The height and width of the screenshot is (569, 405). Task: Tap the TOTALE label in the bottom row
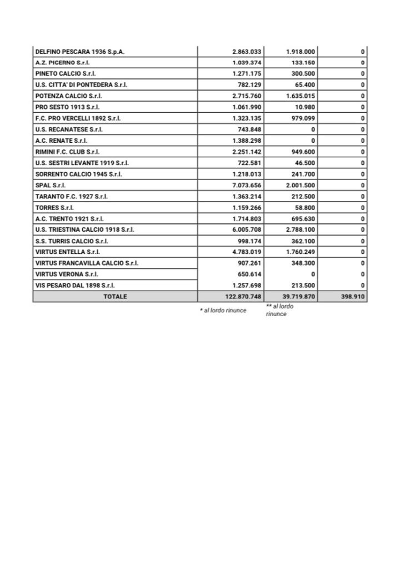point(115,297)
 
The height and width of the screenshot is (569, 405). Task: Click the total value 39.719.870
point(299,297)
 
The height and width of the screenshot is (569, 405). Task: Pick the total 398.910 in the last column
point(353,297)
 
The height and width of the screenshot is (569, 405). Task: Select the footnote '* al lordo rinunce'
point(223,311)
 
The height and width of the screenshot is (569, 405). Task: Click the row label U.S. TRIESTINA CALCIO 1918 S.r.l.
point(84,229)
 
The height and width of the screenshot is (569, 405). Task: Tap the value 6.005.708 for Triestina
point(243,229)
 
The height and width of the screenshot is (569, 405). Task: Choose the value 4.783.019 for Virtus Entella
point(243,252)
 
